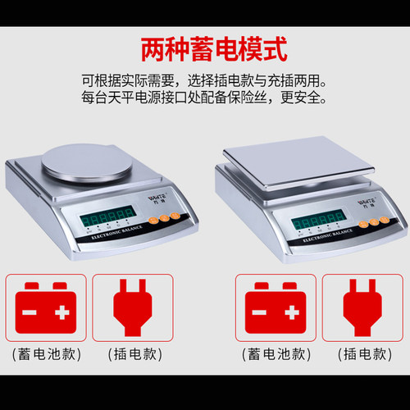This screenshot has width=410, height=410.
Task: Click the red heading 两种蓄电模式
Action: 205,48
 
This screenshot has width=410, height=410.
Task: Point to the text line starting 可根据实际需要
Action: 205,82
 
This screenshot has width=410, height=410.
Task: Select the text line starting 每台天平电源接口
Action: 205,100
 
